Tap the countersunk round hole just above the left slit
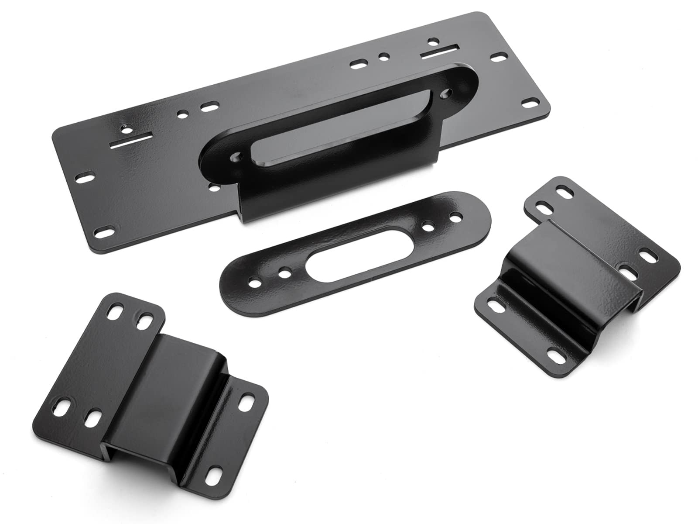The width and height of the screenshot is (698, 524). [x=126, y=129]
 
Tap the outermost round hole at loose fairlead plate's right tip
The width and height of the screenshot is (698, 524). [x=456, y=216]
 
